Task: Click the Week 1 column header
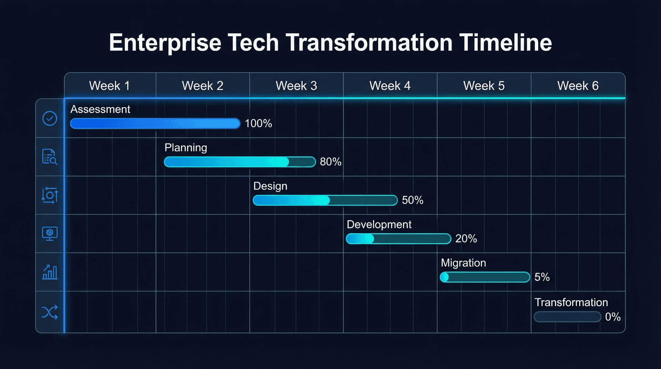pyautogui.click(x=109, y=86)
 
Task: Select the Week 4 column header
pyautogui.click(x=390, y=86)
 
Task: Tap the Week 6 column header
pyautogui.click(x=578, y=86)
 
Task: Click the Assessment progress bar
pyautogui.click(x=155, y=124)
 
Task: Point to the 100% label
pyautogui.click(x=258, y=124)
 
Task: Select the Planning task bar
pyautogui.click(x=240, y=162)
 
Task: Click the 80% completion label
pyautogui.click(x=330, y=162)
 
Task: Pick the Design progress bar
pyautogui.click(x=325, y=200)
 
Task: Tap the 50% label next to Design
pyautogui.click(x=412, y=200)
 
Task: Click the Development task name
pyautogui.click(x=379, y=224)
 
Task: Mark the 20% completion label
pyautogui.click(x=466, y=239)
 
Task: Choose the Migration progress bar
pyautogui.click(x=485, y=277)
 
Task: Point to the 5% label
pyautogui.click(x=542, y=277)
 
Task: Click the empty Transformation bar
pyautogui.click(x=567, y=317)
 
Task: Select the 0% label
pyautogui.click(x=613, y=317)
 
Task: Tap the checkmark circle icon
pyautogui.click(x=50, y=118)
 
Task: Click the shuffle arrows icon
pyautogui.click(x=50, y=312)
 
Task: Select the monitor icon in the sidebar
pyautogui.click(x=50, y=233)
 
